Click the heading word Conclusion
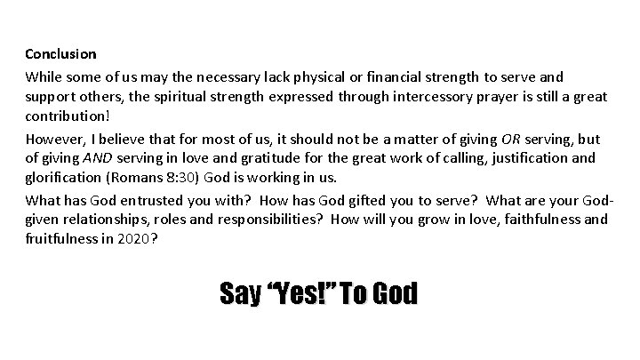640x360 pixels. click(60, 54)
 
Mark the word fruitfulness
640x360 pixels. click(66, 241)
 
